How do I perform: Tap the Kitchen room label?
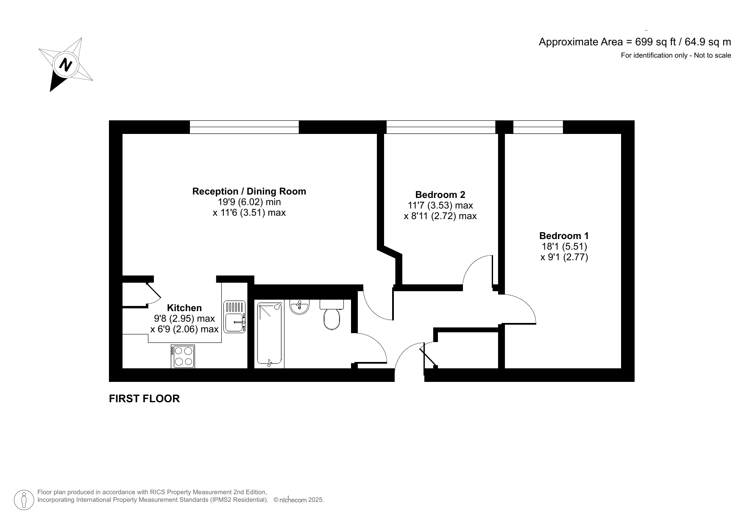[x=184, y=308]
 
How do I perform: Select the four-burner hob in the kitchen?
[x=183, y=356]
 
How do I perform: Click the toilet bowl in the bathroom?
[x=332, y=318]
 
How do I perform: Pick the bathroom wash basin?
[x=300, y=307]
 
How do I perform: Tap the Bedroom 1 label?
[x=564, y=236]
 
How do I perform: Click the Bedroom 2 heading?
[x=440, y=195]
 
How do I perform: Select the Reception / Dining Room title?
[x=249, y=191]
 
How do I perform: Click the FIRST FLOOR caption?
[x=144, y=398]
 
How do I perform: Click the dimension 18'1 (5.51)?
[x=564, y=246]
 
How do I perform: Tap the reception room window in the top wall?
[x=244, y=127]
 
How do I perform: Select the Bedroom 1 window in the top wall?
[x=538, y=127]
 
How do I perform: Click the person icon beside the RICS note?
[x=24, y=500]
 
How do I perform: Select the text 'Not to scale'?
[x=712, y=55]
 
